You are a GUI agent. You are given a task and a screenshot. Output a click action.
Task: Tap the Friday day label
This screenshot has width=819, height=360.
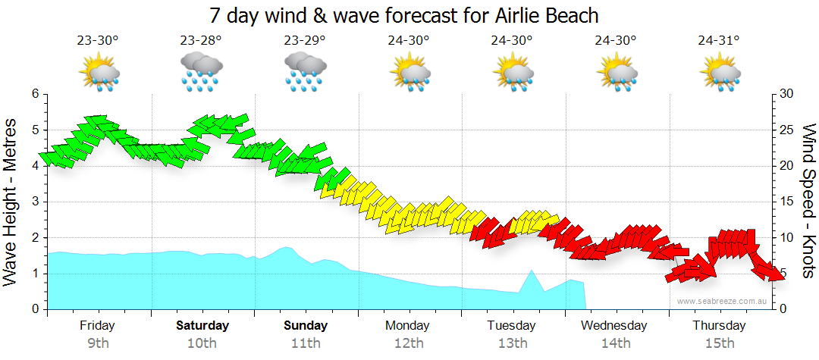pyautogui.click(x=97, y=326)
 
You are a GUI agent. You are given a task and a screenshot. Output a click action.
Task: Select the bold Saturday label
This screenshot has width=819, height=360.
pyautogui.click(x=202, y=326)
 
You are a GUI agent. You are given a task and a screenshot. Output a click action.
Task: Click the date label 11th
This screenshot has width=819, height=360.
pyautogui.click(x=306, y=343)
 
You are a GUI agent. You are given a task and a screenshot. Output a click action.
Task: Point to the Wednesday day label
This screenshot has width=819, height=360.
pyautogui.click(x=614, y=326)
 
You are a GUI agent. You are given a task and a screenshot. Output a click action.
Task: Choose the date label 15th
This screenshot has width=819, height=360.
pyautogui.click(x=719, y=343)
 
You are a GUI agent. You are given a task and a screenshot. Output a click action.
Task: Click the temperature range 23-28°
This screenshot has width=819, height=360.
pyautogui.click(x=201, y=41)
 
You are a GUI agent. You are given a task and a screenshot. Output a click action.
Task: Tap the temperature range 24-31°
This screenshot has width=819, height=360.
pyautogui.click(x=719, y=41)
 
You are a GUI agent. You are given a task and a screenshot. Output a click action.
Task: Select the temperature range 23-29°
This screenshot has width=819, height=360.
pyautogui.click(x=305, y=41)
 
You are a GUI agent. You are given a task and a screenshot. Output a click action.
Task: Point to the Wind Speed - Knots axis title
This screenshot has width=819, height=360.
pyautogui.click(x=808, y=202)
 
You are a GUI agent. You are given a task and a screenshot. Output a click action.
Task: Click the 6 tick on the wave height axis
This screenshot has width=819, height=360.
pyautogui.click(x=35, y=94)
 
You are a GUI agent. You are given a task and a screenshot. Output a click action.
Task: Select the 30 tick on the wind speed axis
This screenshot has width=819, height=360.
pyautogui.click(x=786, y=94)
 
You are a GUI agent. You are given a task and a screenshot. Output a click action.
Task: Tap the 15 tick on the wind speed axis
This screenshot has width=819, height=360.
pyautogui.click(x=786, y=202)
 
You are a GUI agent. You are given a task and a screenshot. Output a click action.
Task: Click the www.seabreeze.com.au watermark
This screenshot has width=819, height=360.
pyautogui.click(x=723, y=301)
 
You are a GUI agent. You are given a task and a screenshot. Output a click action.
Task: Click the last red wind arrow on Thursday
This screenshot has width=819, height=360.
pyautogui.click(x=772, y=272)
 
